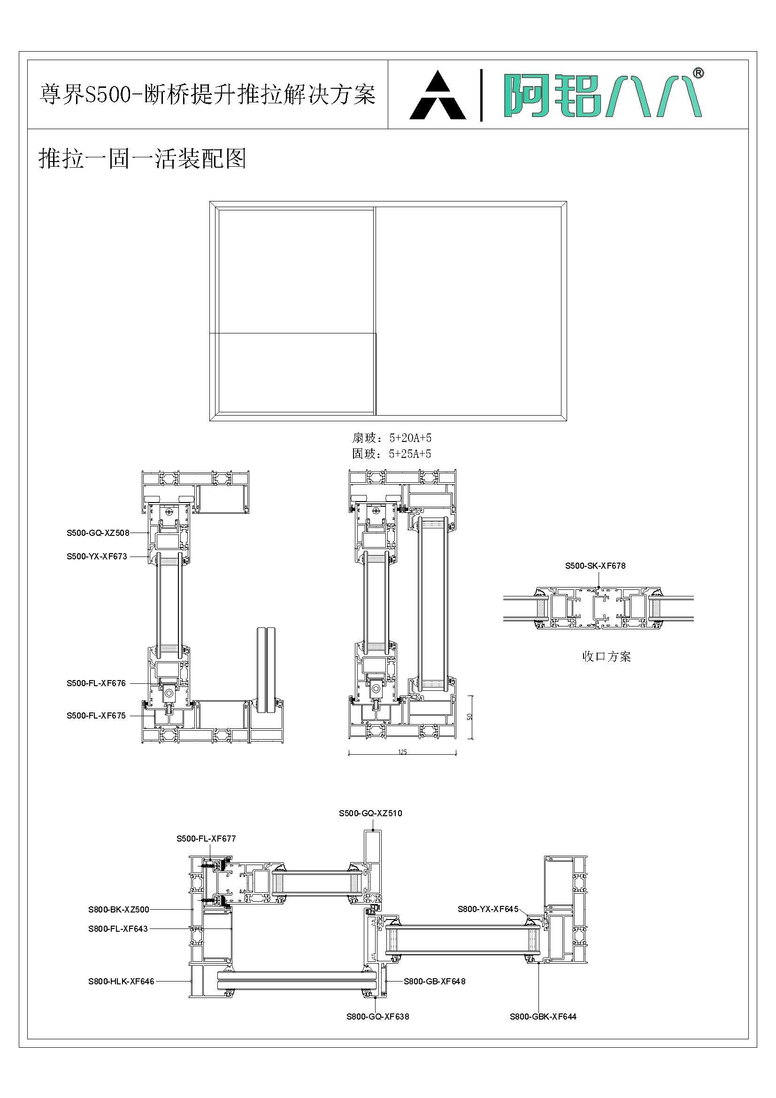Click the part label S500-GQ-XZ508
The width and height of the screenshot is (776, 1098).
click(98, 533)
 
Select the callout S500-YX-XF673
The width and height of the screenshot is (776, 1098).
click(97, 557)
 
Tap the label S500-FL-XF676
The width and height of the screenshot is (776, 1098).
click(96, 683)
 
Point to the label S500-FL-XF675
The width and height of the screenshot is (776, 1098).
click(96, 715)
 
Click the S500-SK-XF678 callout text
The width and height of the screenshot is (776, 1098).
click(595, 566)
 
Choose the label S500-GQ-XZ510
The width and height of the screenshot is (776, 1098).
click(370, 813)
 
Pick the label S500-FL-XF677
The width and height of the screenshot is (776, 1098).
click(206, 838)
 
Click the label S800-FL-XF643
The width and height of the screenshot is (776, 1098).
click(118, 929)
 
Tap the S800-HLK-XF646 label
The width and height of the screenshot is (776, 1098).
click(121, 982)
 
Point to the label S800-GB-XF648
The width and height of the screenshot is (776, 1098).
click(434, 982)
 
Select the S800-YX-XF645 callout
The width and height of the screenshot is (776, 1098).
click(488, 909)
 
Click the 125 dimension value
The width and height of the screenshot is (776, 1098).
click(403, 752)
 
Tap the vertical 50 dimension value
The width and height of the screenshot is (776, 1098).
click(470, 717)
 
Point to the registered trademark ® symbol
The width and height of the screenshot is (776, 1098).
click(698, 73)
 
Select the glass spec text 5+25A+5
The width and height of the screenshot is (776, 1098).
click(410, 454)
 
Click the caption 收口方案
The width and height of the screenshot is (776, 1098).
click(606, 657)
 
